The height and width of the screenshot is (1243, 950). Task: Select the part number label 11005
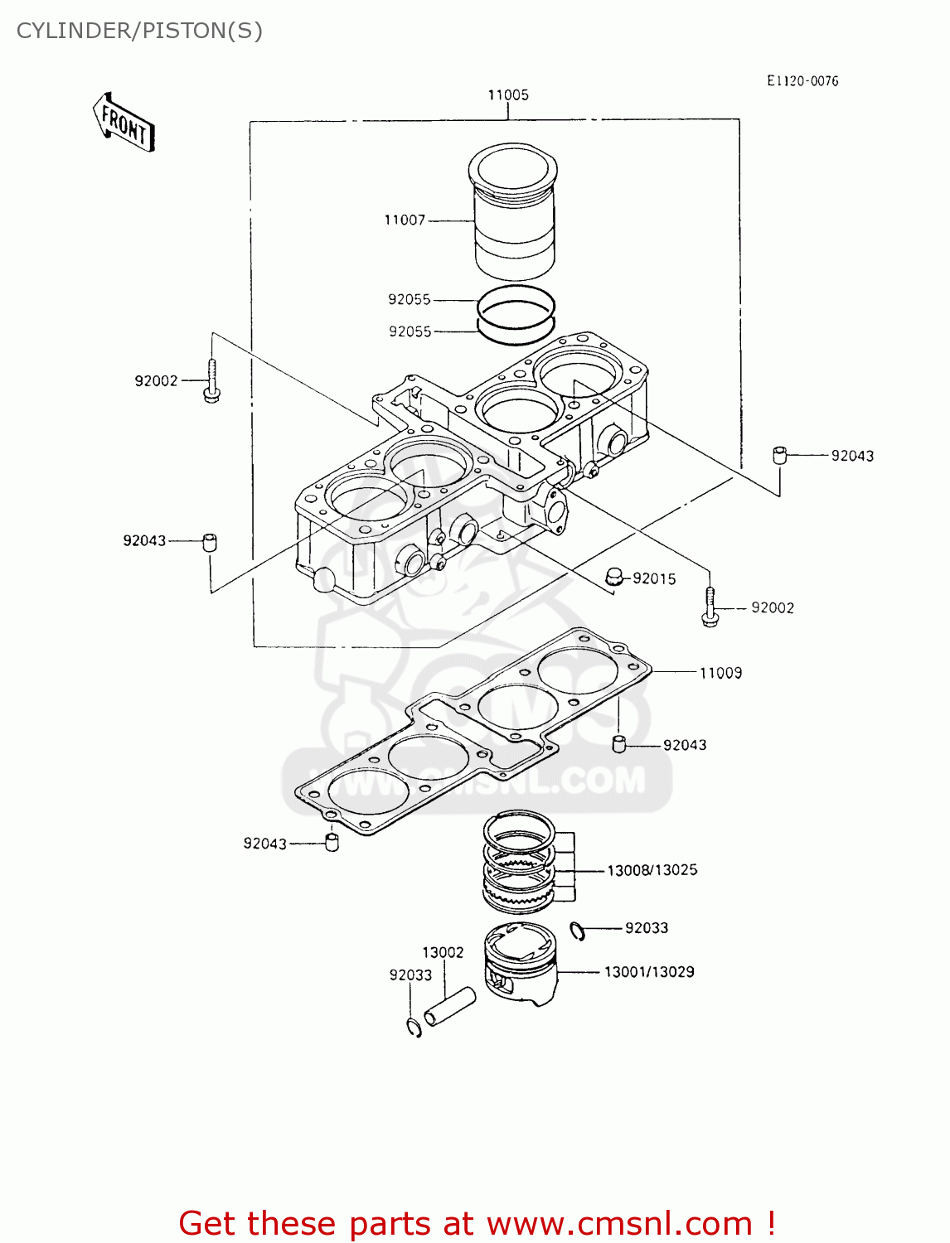coord(508,95)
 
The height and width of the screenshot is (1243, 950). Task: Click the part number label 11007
coord(405,220)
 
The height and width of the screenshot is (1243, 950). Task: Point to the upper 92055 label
coord(410,300)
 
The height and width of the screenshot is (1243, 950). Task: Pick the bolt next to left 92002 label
coord(211,382)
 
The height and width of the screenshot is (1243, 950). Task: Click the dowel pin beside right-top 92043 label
coord(778,455)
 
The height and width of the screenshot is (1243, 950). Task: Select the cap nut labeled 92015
coord(613,576)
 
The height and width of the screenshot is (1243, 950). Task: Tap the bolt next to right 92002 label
coord(710,607)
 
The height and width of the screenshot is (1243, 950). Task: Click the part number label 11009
coord(720,674)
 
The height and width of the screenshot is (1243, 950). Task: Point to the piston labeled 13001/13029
coord(520,965)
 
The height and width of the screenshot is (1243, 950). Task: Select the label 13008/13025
coord(652,871)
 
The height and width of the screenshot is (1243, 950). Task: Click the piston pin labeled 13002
coord(449,1005)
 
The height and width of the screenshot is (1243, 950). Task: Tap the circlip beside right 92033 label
coord(578,931)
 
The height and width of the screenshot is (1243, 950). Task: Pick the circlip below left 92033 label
coord(414,1028)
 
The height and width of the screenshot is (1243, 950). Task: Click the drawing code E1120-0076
coord(802,81)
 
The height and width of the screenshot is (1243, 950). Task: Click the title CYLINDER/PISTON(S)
coord(139,31)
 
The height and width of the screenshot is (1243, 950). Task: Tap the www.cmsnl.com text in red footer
coord(618,1224)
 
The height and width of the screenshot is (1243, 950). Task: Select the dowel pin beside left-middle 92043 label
coord(210,543)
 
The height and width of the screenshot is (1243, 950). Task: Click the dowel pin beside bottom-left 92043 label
coord(332,844)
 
